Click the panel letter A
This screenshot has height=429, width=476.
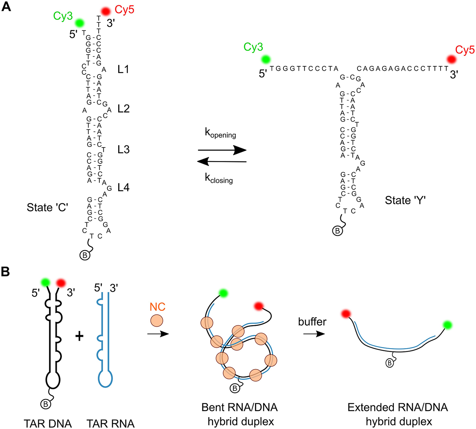pos(6,6)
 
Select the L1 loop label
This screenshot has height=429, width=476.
pos(123,69)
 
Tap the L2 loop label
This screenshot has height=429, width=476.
pos(123,109)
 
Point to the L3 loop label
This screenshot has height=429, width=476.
pos(123,149)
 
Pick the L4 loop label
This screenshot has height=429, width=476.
pos(123,187)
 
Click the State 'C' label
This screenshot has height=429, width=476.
pos(47,207)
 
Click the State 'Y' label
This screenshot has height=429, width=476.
pos(405,200)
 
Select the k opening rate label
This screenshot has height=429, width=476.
pos(220,133)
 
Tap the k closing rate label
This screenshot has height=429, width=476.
pos(219,178)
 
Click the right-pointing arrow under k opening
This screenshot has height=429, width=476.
pos(222,150)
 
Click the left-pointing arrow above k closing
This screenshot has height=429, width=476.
pos(222,162)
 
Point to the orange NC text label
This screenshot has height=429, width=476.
pos(157,307)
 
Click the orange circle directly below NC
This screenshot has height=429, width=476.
pos(157,320)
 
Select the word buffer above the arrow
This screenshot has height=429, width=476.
pos(312,321)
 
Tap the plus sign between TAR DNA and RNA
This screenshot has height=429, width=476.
pos(79,336)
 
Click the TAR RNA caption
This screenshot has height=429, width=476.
pos(110,423)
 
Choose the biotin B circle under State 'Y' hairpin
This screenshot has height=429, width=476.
pos(337,231)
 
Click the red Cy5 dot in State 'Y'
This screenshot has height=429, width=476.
pos(451,60)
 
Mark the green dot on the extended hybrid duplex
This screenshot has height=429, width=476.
pos(447,325)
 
